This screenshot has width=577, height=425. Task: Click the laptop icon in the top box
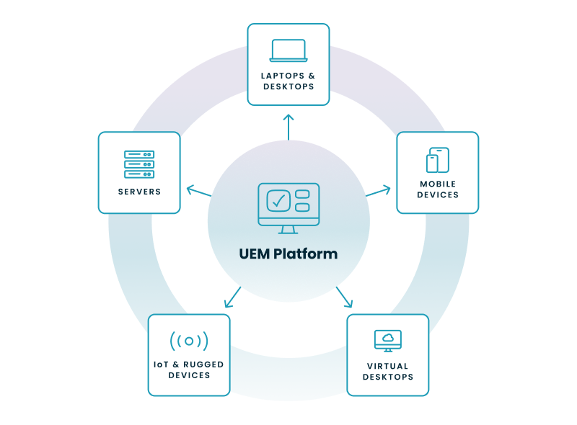tap(288, 50)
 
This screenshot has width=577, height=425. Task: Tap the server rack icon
tap(139, 164)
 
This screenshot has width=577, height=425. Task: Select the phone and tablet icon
tap(437, 160)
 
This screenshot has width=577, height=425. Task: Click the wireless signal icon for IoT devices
tap(189, 341)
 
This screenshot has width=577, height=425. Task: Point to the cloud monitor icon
tap(388, 340)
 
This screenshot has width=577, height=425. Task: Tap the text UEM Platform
tap(288, 254)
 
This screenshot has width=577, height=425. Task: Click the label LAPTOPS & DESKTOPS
tap(288, 81)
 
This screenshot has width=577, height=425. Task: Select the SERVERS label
tap(139, 192)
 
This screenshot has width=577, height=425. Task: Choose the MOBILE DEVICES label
tap(438, 189)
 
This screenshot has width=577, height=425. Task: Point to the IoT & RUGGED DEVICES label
tap(189, 370)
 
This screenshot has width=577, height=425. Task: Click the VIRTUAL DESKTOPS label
tap(388, 371)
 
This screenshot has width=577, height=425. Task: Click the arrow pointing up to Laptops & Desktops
tap(288, 126)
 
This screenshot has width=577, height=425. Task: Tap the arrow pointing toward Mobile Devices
tap(378, 192)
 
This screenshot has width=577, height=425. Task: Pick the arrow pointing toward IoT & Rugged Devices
tap(232, 296)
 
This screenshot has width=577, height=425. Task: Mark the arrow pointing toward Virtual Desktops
tap(344, 296)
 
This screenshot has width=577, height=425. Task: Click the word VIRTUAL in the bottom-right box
tap(388, 366)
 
